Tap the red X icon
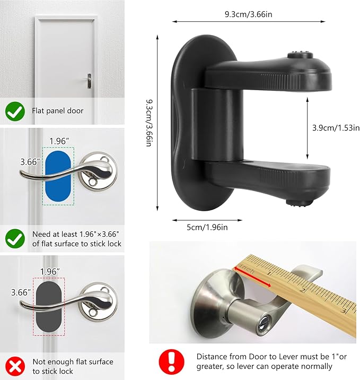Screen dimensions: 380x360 pos(15,366)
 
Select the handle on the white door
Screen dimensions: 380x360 pos(88,80)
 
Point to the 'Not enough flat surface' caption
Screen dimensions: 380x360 pos(73,366)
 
